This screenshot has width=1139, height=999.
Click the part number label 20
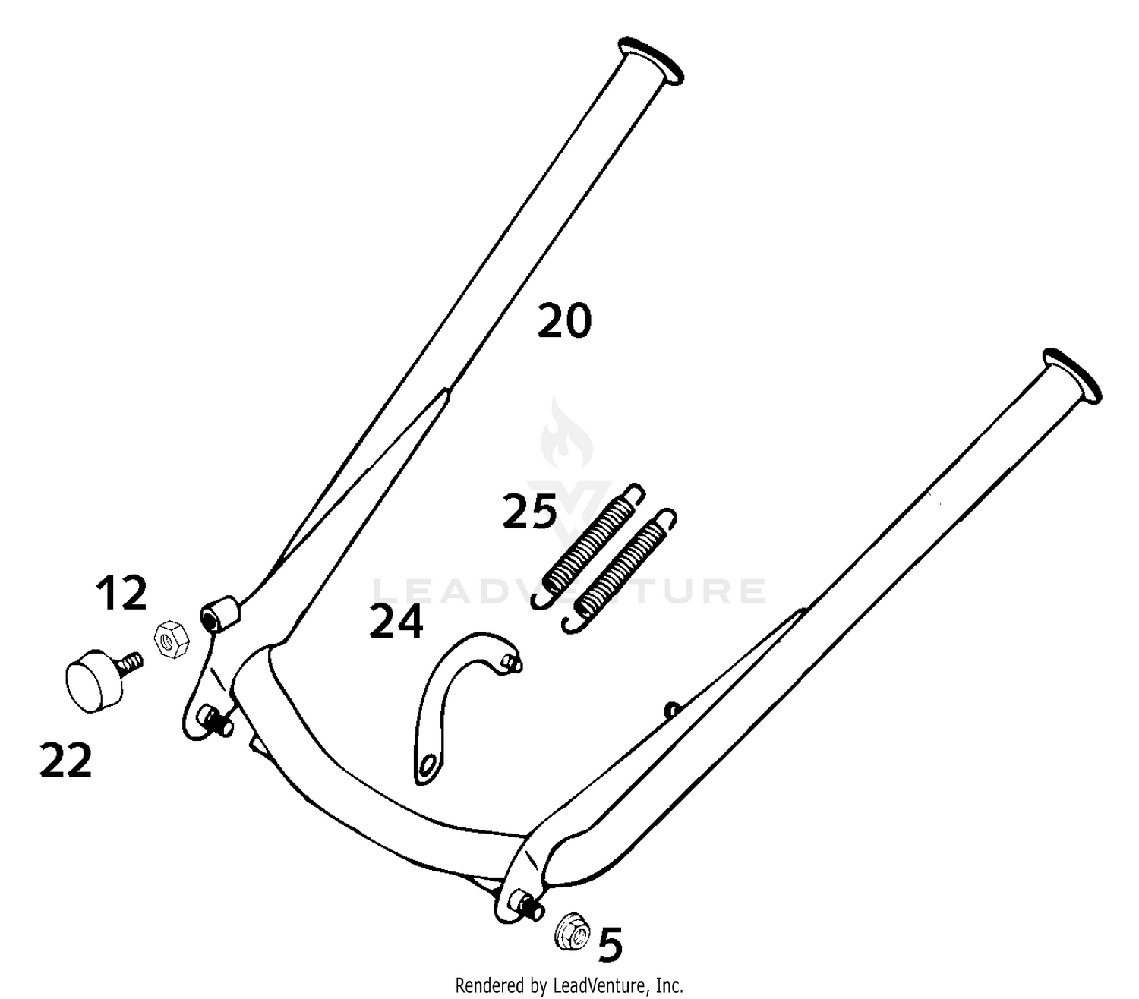pos(564,320)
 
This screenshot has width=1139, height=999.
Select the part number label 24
pos(396,622)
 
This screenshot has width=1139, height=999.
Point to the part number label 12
pos(121,593)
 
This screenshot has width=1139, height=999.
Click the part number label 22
pos(65,760)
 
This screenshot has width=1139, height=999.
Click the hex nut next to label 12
pos(172,640)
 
